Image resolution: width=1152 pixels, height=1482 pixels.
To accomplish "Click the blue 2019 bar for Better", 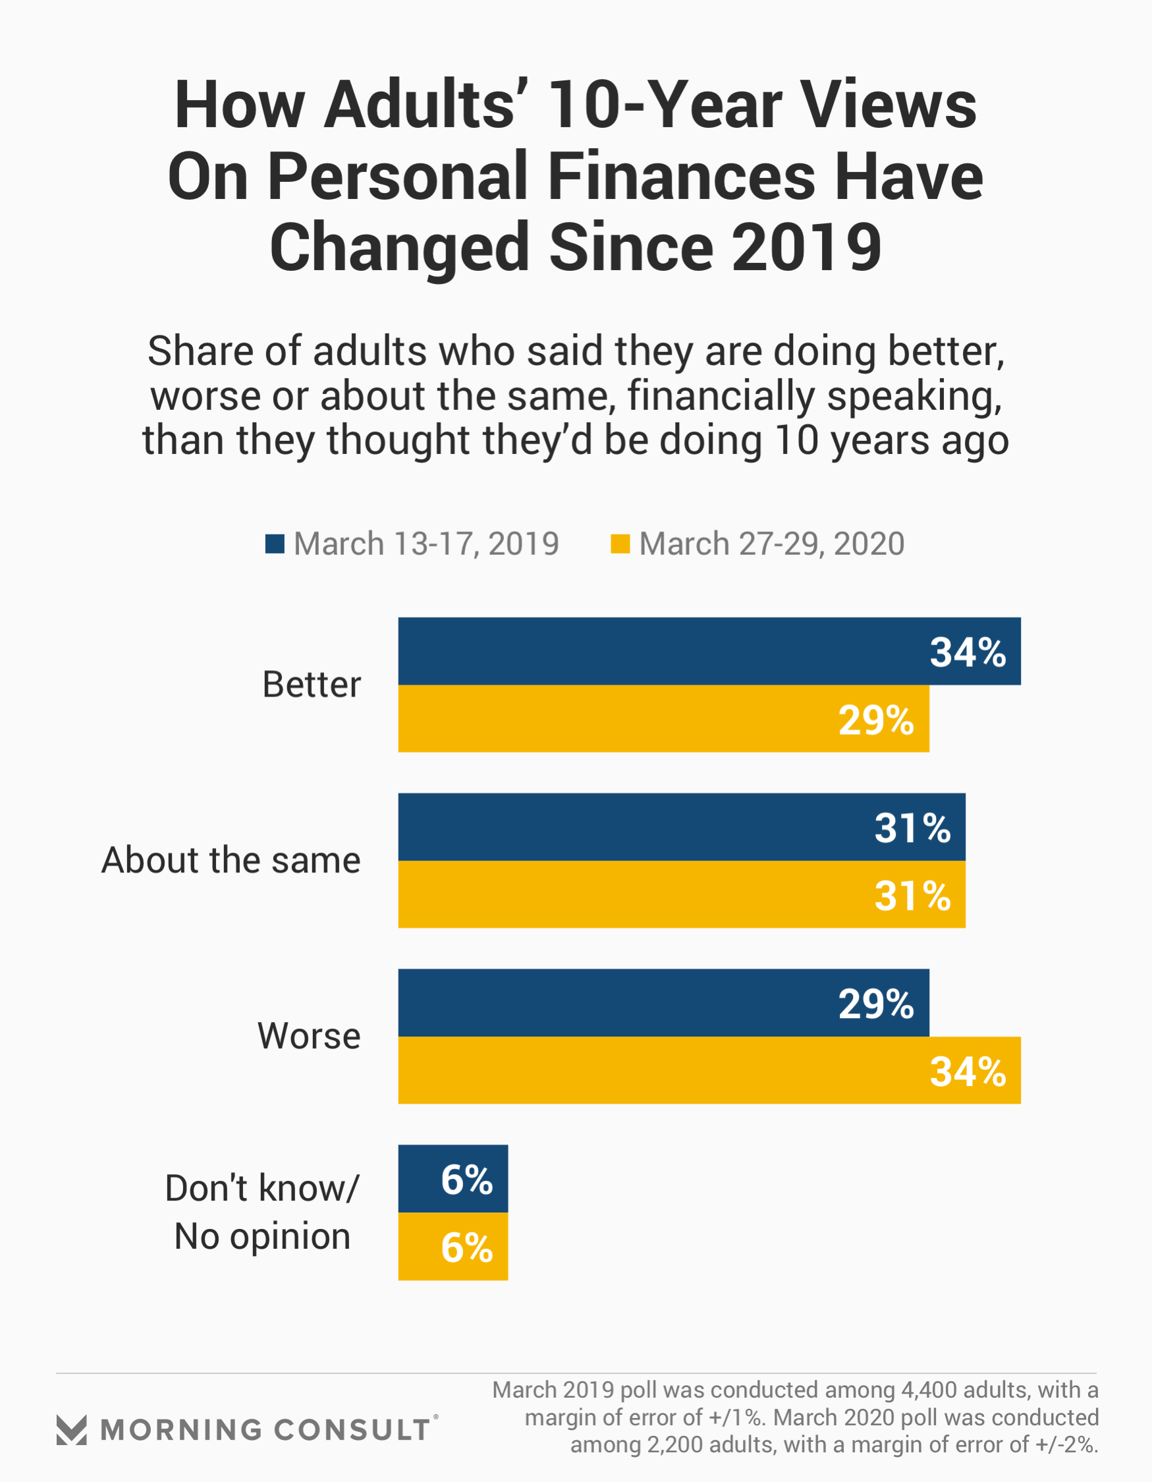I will [709, 651].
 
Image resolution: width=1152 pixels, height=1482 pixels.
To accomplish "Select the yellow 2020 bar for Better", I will [663, 719].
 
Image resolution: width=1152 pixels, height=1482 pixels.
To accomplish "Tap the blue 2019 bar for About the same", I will [681, 826].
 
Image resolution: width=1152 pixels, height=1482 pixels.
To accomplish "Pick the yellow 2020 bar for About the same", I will [681, 894].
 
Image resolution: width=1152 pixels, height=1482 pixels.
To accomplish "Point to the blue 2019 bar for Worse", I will [663, 1002].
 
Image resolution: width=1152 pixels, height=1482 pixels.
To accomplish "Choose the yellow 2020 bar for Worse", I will [709, 1070].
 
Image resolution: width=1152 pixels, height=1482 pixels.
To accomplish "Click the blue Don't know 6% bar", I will [453, 1179].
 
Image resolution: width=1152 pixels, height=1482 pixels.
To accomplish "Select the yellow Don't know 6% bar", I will [453, 1247].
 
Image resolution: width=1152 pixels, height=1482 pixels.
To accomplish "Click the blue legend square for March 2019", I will [275, 544].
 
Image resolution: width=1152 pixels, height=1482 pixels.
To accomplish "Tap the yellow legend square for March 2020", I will [620, 544].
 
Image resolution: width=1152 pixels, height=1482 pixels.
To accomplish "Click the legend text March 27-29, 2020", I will [771, 544].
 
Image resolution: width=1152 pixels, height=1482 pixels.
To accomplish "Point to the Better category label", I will [312, 684].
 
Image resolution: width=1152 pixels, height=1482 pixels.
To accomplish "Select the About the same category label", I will [231, 860].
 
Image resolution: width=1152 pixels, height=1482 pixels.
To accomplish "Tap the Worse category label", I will [309, 1035].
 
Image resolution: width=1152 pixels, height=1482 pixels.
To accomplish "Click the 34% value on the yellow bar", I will [968, 1071].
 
